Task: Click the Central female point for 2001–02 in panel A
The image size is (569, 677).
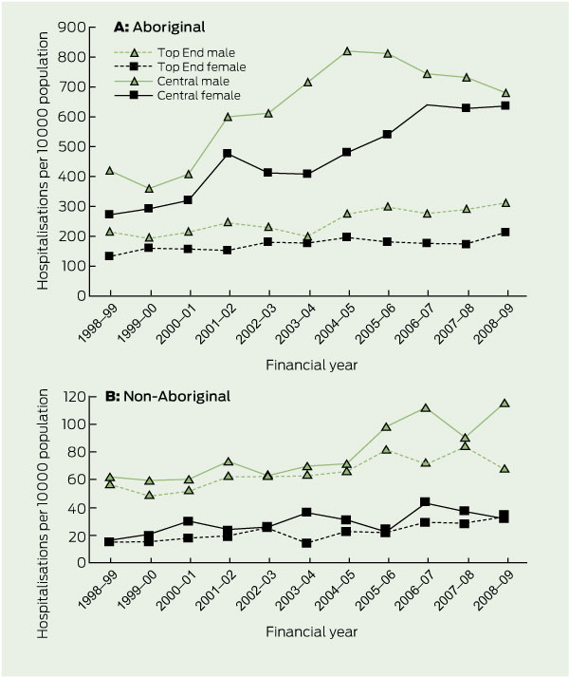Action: point(228,153)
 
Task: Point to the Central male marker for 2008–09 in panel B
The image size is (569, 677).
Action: point(505,404)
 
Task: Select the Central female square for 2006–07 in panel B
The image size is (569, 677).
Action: point(425,502)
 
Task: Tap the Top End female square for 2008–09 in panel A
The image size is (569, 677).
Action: point(505,232)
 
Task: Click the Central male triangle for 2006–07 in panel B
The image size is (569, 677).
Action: point(425,408)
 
